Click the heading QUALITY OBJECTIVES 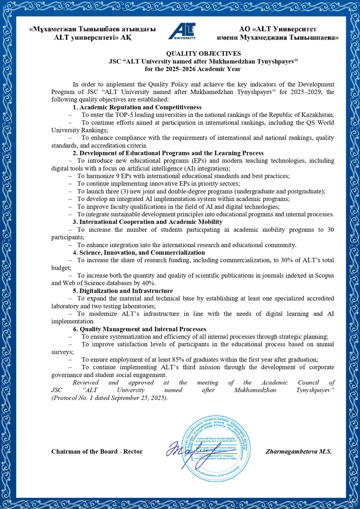tap(203, 54)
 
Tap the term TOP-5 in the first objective tap(124, 115)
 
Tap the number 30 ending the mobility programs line tap(330, 230)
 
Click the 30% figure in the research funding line tap(287, 260)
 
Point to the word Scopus tap(324, 275)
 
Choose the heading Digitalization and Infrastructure tap(126, 291)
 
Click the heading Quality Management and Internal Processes tap(143, 329)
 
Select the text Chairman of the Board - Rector tap(97, 452)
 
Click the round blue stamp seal tap(216, 449)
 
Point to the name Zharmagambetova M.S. tap(298, 452)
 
